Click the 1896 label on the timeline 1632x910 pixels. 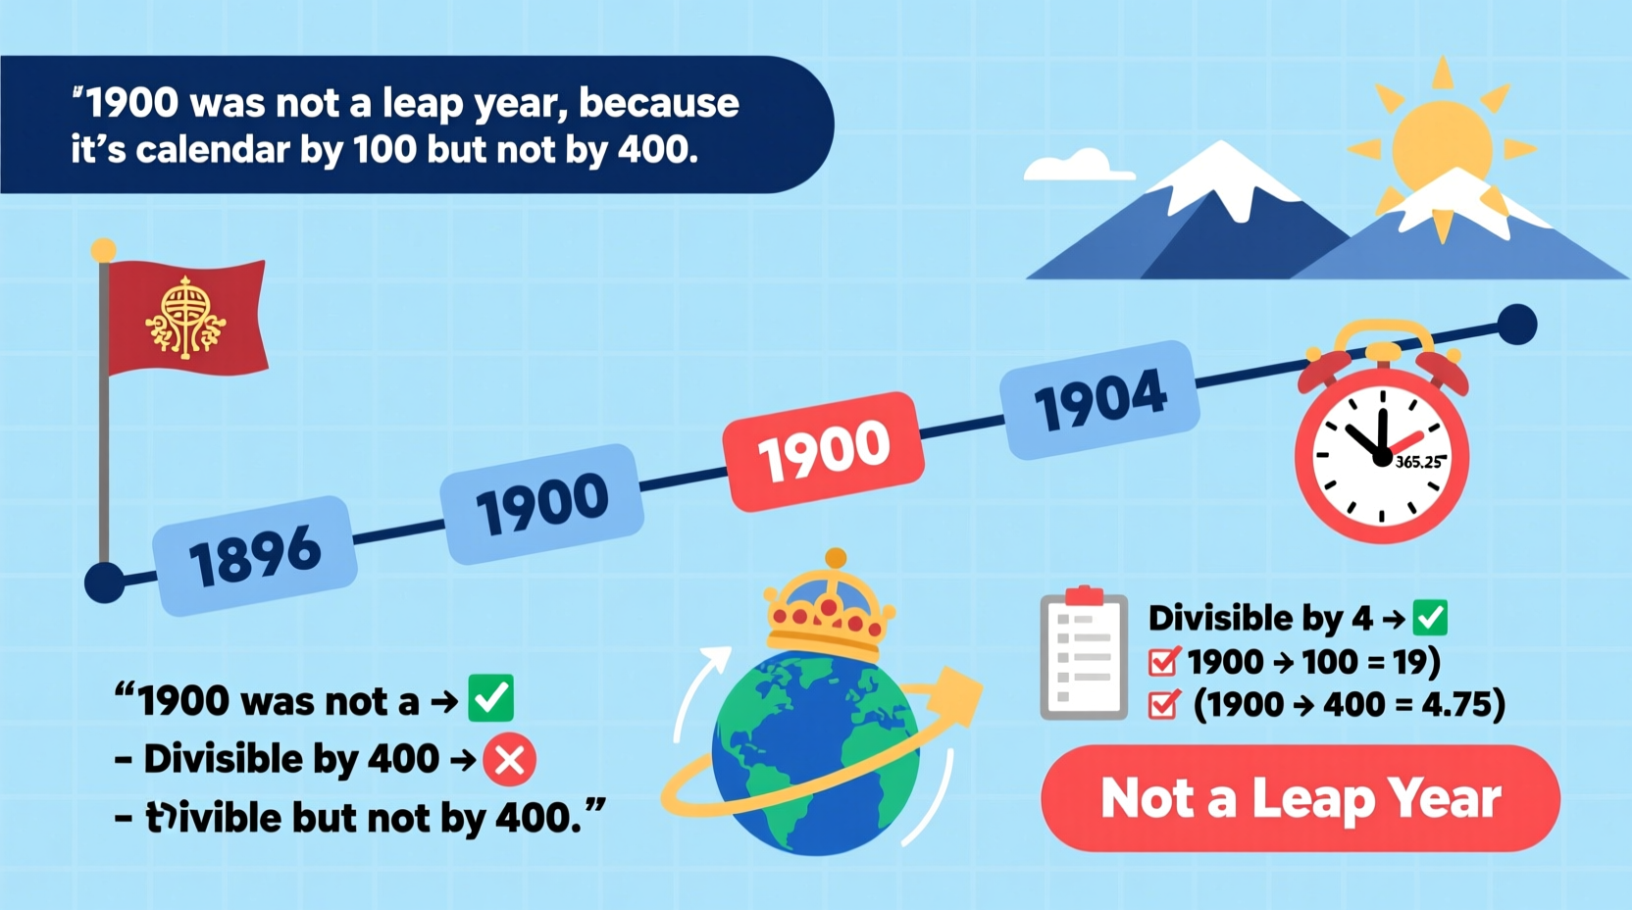(x=254, y=555)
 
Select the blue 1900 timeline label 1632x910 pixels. (x=542, y=503)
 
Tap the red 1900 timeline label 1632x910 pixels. (x=824, y=450)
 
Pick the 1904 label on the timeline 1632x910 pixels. (x=1099, y=399)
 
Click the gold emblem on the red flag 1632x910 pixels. (x=184, y=317)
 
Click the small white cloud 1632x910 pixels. (x=1077, y=166)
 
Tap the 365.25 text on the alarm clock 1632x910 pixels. (x=1418, y=462)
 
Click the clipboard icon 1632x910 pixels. (x=1084, y=654)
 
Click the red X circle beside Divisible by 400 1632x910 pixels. (x=509, y=759)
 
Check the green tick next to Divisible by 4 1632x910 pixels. (x=1429, y=617)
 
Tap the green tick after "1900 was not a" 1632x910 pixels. (x=490, y=698)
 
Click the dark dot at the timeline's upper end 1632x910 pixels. (x=1516, y=325)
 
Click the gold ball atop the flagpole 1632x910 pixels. (x=104, y=251)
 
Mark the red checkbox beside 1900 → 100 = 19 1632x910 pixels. (x=1163, y=662)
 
